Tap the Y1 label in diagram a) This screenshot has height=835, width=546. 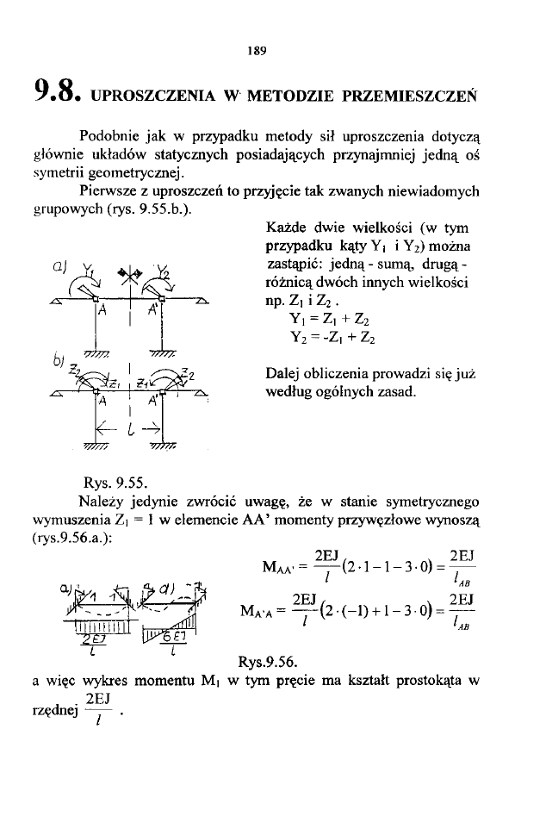(x=86, y=266)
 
